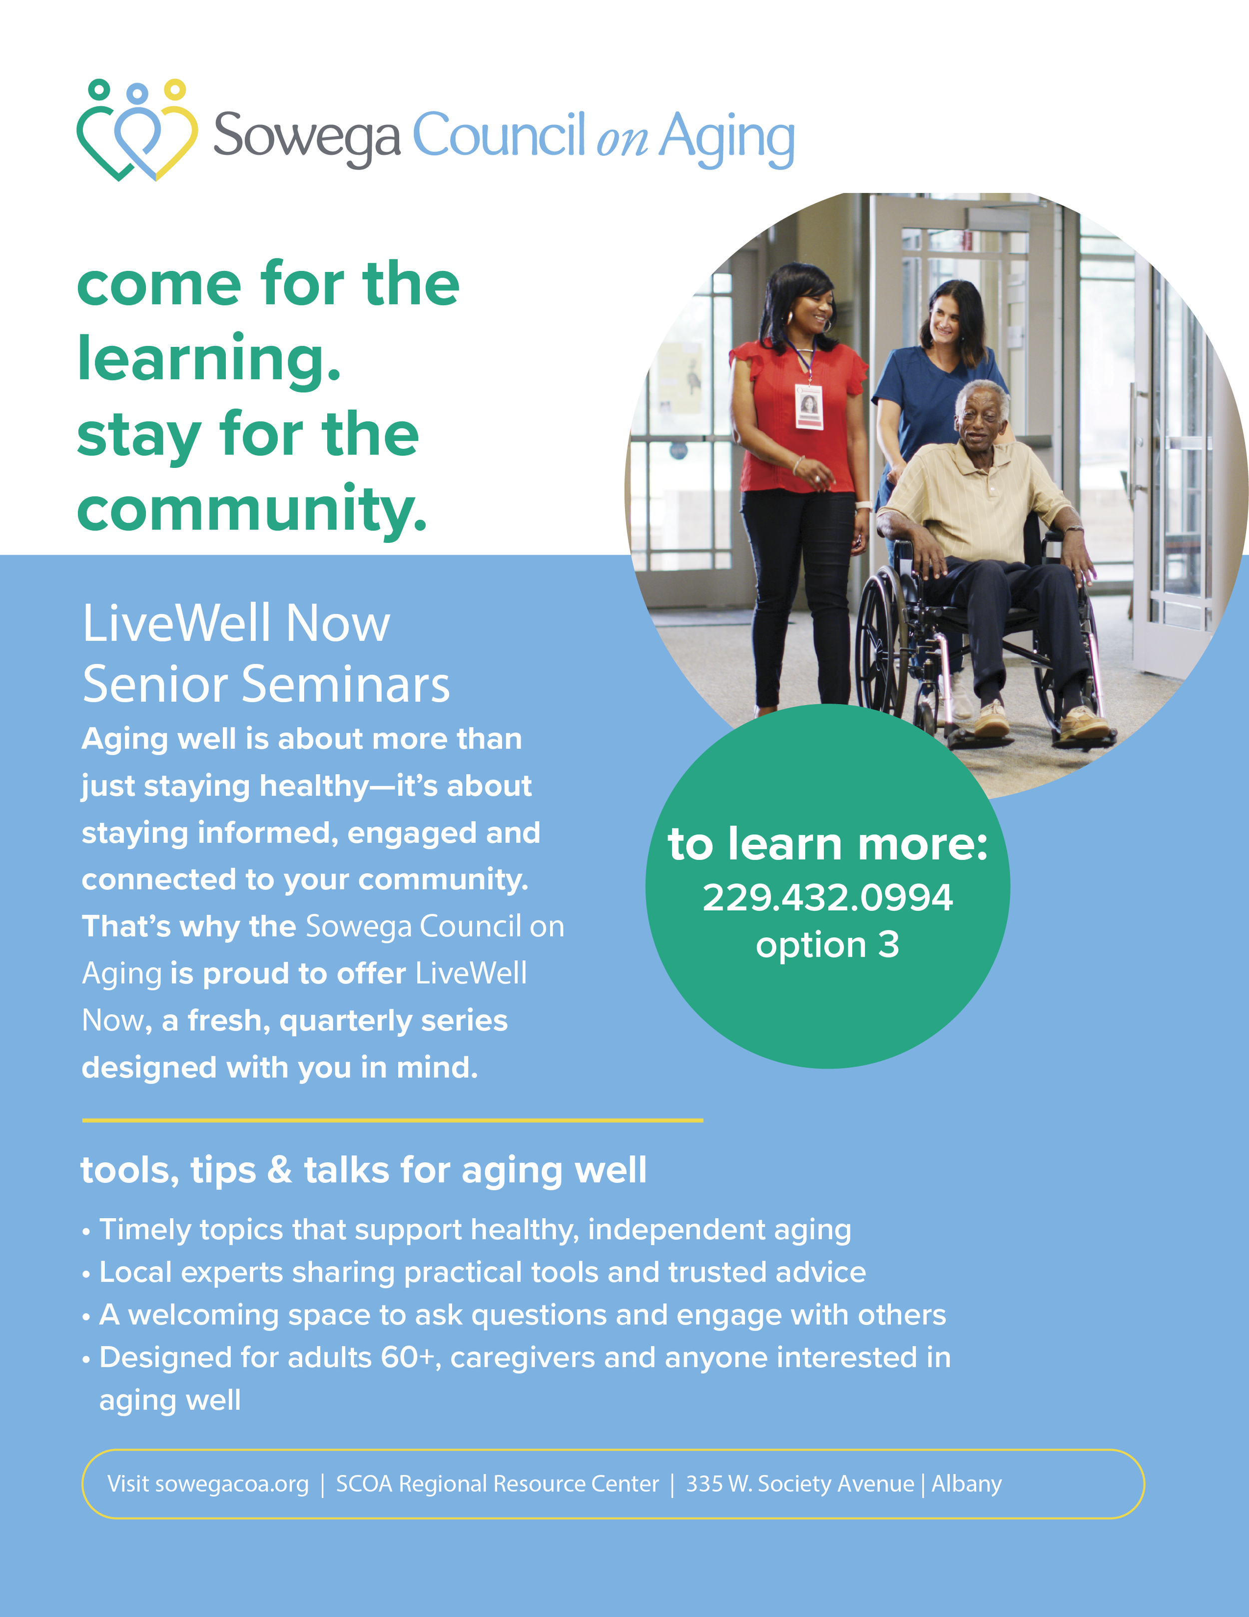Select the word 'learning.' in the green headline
point(209,360)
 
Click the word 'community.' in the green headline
point(252,510)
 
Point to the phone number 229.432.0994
point(827,898)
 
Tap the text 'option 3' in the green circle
point(827,946)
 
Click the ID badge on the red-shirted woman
point(809,406)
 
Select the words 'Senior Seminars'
point(266,685)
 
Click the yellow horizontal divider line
point(392,1120)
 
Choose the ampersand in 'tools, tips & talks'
point(280,1171)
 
